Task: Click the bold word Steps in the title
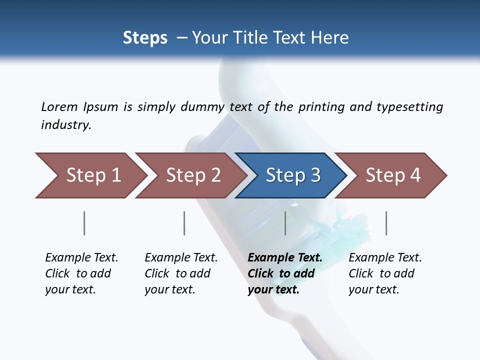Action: click(x=145, y=38)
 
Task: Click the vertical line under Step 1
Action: click(x=84, y=223)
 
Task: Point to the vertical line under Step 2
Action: click(x=184, y=223)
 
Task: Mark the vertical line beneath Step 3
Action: click(x=285, y=223)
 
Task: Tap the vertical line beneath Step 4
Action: click(x=386, y=223)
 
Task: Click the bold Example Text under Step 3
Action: click(x=284, y=273)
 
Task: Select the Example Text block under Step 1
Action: click(x=81, y=273)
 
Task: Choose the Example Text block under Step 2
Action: click(x=181, y=273)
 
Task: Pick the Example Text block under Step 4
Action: click(x=385, y=273)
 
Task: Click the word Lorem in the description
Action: click(x=59, y=107)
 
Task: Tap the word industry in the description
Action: click(x=65, y=125)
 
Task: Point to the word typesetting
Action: click(x=409, y=107)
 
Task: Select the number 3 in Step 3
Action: click(x=314, y=175)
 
